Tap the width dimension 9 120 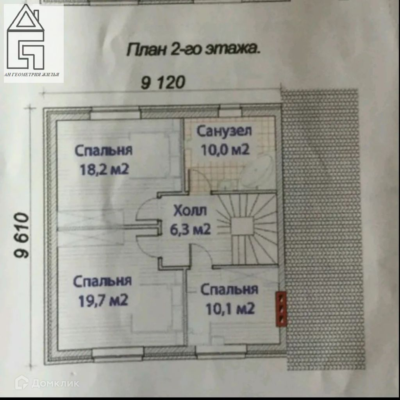(162, 83)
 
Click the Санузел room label (224, 131)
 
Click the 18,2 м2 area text (104, 170)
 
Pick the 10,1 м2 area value (230, 309)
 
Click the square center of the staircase (242, 226)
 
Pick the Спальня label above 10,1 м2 (229, 290)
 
